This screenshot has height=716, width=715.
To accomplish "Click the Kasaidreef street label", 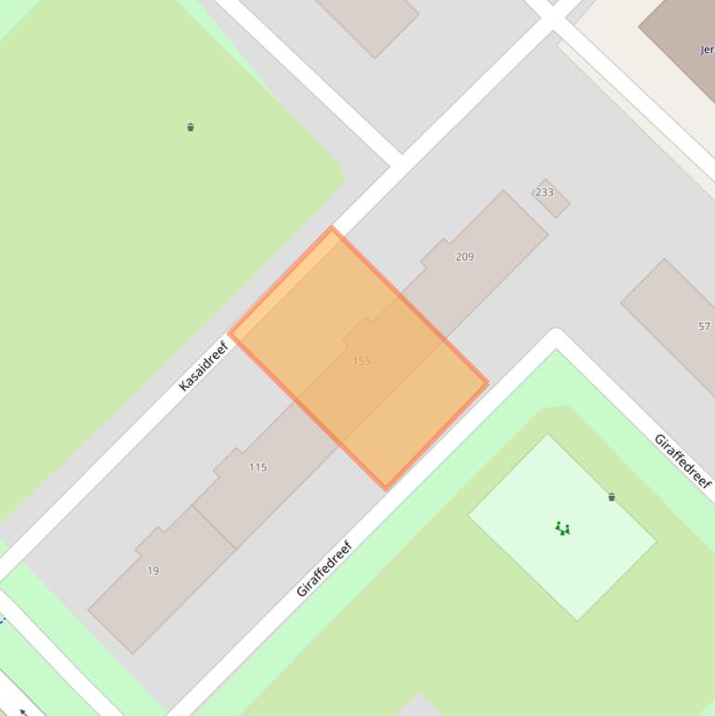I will (204, 366).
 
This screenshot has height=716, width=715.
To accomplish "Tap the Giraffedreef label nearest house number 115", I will (324, 568).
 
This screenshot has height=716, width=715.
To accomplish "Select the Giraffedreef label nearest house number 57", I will (682, 460).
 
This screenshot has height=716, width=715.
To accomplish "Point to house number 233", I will (544, 192).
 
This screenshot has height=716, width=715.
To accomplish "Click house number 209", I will (464, 257).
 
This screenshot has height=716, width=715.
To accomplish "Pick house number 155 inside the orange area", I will (362, 361).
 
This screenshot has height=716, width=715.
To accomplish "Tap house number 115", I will (258, 467).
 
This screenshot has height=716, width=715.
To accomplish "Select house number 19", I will (153, 571).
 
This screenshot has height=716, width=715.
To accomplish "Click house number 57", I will (704, 326).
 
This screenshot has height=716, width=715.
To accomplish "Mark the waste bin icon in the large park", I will (191, 127).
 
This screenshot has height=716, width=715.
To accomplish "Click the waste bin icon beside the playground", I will (612, 497).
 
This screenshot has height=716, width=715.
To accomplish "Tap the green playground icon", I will (563, 529).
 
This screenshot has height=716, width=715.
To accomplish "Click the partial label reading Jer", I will (707, 50).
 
